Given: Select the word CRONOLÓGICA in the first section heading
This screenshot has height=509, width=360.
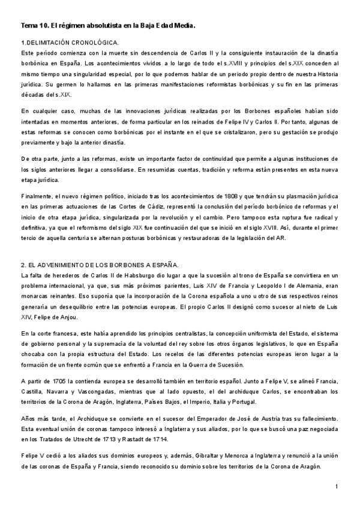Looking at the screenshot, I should (96, 43).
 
